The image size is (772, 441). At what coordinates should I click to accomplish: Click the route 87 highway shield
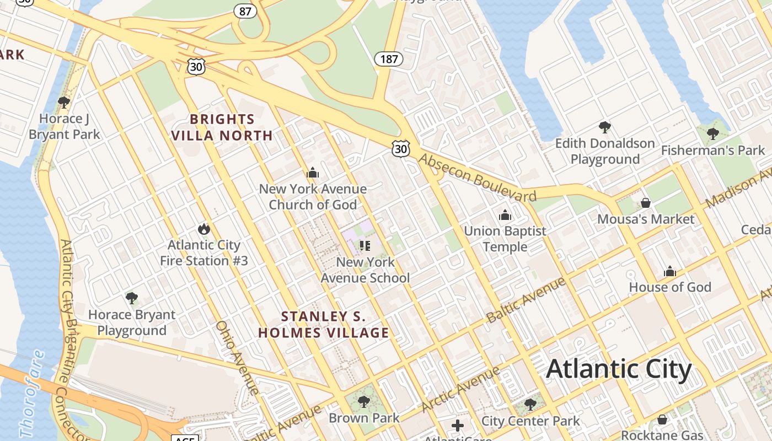point(245,10)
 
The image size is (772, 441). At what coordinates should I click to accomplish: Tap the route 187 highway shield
point(389,58)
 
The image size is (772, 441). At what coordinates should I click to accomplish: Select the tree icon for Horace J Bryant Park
point(64,102)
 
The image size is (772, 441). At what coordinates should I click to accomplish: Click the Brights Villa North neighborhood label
point(222,127)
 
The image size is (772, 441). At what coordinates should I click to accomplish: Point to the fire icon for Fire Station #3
point(204,229)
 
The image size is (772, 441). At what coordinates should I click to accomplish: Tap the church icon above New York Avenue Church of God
point(313,173)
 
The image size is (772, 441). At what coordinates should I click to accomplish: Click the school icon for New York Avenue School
point(364,245)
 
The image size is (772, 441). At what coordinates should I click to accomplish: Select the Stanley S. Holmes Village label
point(324,325)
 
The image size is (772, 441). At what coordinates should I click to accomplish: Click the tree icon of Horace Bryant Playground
point(131,298)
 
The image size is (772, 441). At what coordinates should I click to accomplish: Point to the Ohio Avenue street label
point(238,358)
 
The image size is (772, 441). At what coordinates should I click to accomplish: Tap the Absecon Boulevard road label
point(477,178)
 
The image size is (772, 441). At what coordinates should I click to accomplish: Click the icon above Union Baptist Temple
point(505,215)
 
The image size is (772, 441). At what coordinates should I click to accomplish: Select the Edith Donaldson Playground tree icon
point(605,127)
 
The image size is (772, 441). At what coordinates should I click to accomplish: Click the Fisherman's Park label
point(713,150)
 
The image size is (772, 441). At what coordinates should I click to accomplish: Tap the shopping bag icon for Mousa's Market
point(646,203)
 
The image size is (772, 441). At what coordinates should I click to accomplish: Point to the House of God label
point(670,287)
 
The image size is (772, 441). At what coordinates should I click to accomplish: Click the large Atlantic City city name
point(618,369)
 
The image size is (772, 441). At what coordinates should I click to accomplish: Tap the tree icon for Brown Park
point(363,401)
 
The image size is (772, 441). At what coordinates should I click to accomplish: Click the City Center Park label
point(530,421)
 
